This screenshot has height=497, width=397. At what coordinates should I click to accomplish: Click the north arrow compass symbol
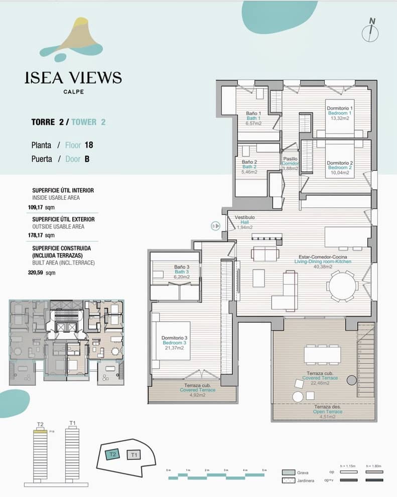(x=370, y=31)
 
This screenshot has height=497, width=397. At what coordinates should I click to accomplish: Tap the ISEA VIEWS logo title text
(x=73, y=77)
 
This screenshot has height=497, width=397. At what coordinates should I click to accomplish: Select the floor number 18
(x=89, y=145)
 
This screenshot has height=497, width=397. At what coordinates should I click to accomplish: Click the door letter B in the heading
(x=87, y=159)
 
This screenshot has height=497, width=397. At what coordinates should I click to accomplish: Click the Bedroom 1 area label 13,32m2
(x=340, y=119)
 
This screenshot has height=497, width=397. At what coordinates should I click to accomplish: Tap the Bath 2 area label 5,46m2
(x=249, y=172)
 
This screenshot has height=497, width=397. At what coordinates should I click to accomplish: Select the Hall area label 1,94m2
(x=244, y=227)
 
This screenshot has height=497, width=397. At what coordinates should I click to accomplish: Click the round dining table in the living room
(x=343, y=286)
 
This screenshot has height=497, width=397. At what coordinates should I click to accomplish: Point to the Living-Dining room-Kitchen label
(x=323, y=262)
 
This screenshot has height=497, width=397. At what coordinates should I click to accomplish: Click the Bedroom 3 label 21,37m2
(x=175, y=349)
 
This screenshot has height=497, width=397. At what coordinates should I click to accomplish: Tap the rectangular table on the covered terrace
(x=322, y=354)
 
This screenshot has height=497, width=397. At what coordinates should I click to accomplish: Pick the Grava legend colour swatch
(x=288, y=472)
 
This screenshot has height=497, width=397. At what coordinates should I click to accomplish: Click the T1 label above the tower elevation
(x=72, y=423)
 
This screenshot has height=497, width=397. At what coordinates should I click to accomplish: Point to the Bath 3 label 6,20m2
(x=182, y=276)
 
